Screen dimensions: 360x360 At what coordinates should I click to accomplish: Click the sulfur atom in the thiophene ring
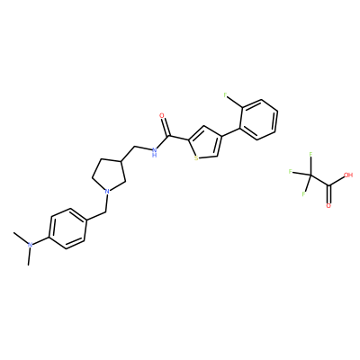pos(196,158)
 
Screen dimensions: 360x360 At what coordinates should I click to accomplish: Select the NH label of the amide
pos(154,152)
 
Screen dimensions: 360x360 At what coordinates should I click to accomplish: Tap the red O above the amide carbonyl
pos(162,116)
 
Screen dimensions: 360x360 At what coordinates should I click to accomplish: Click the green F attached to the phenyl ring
pos(225,95)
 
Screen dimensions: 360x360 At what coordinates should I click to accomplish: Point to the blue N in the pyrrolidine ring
pos(107,191)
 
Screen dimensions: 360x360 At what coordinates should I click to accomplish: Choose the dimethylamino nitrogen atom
pos(30,245)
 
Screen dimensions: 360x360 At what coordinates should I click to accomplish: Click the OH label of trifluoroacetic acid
pos(348,175)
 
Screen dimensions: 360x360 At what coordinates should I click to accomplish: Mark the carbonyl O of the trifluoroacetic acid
pos(328,206)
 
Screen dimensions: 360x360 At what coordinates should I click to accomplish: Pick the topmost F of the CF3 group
pos(310,155)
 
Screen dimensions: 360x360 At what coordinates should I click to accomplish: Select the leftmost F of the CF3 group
pos(290,172)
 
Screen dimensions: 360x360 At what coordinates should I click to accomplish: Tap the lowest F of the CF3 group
pos(303,193)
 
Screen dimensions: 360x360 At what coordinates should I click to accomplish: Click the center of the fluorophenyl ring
pos(259,120)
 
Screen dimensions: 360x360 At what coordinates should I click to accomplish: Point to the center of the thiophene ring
pos(206,143)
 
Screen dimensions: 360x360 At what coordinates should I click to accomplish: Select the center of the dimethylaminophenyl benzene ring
pos(68,229)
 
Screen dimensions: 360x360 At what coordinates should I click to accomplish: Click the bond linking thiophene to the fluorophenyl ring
pos(231,133)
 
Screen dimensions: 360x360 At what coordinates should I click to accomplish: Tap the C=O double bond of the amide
pos(166,128)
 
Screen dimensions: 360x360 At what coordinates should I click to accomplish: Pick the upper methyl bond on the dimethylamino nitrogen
pos(21,238)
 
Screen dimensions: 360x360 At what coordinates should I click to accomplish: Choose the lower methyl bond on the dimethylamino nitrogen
pos(29,256)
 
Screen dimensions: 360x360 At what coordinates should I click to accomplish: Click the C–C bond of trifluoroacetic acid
pos(320,181)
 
